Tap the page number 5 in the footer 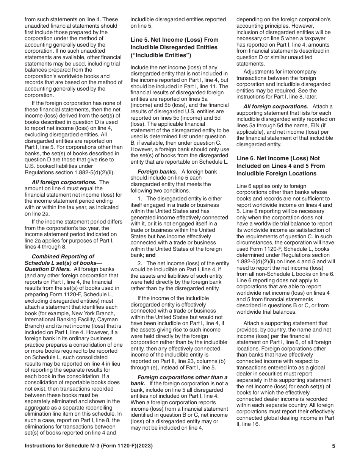pos(333,446)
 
